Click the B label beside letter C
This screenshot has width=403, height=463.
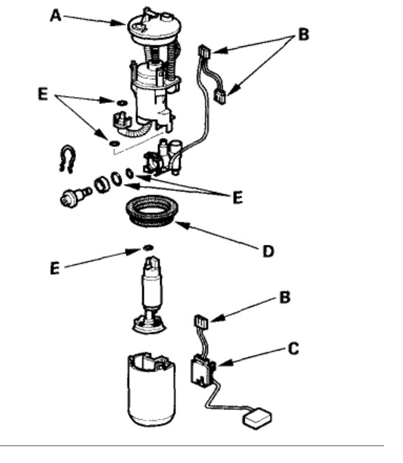click(285, 298)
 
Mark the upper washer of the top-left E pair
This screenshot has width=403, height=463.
click(122, 100)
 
